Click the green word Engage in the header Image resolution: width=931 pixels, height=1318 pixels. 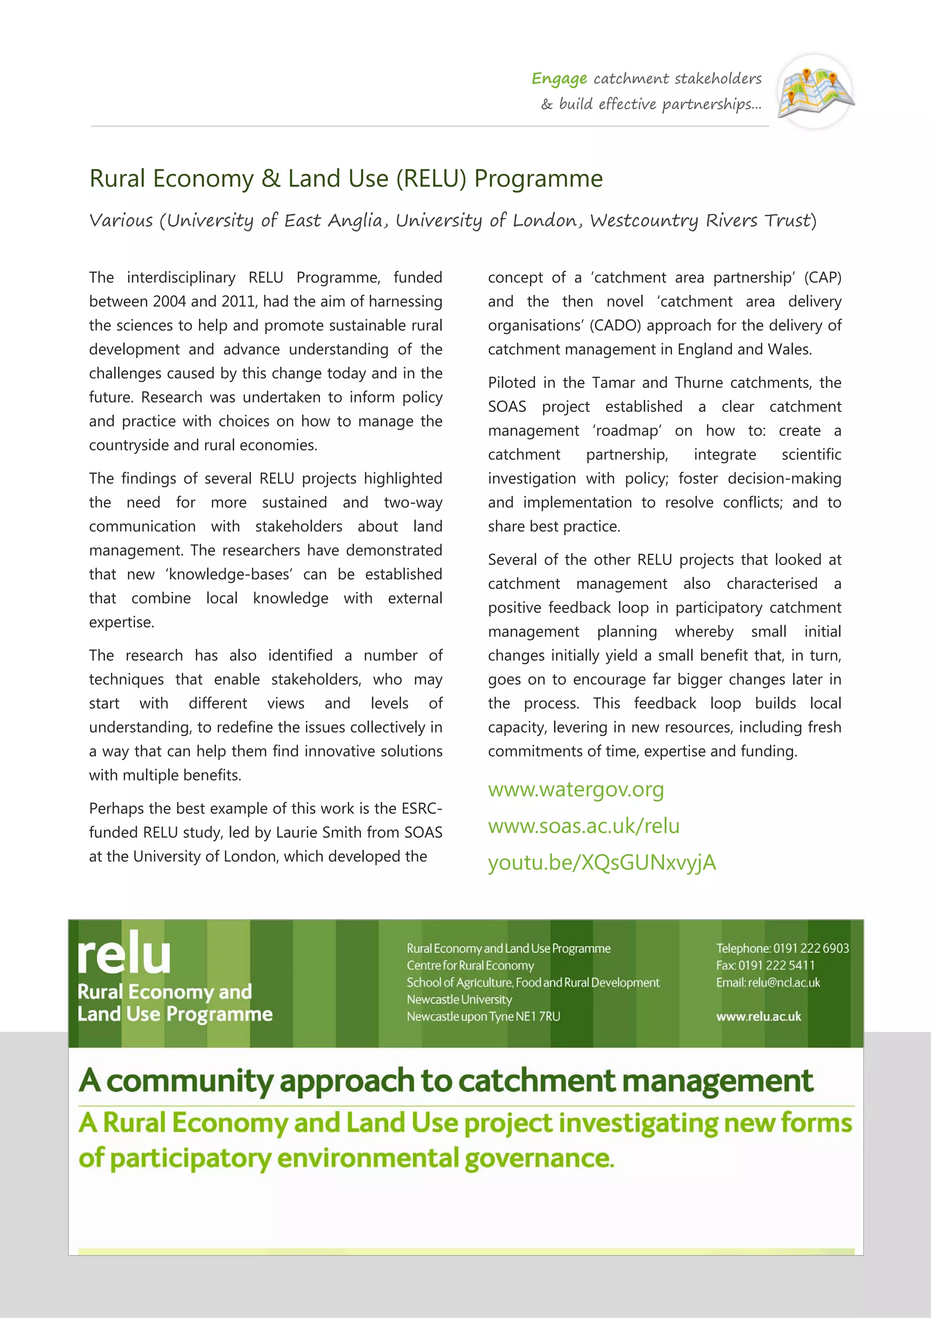[559, 79]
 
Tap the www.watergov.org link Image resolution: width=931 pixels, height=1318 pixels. [576, 789]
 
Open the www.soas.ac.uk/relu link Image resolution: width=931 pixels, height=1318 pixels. [583, 826]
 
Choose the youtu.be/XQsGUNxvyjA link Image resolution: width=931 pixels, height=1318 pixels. [602, 862]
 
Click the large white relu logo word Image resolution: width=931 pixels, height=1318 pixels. [124, 954]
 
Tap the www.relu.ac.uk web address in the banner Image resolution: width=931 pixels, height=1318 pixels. [758, 1017]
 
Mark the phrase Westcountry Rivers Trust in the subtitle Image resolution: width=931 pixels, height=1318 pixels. [703, 221]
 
